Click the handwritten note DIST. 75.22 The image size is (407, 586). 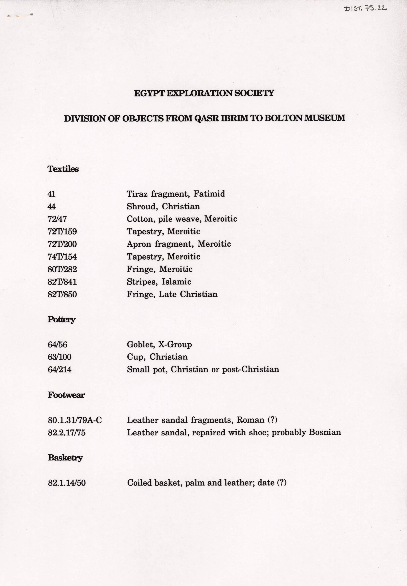point(365,9)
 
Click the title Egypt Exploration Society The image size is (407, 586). point(204,93)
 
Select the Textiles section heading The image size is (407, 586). point(63,169)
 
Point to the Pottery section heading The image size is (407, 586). point(61,319)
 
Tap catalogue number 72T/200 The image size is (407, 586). point(62,244)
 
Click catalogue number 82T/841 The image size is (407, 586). point(62,282)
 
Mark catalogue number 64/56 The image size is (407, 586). point(57,345)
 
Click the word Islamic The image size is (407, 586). point(176,282)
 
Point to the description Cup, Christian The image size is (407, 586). point(157,357)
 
